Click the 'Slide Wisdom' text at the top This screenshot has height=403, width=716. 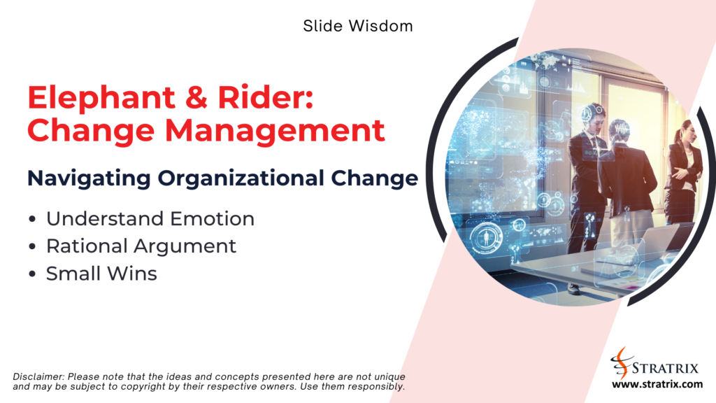coord(358,27)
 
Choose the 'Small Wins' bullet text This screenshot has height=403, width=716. coord(101,274)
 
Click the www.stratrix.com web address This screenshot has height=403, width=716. coord(657,384)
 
